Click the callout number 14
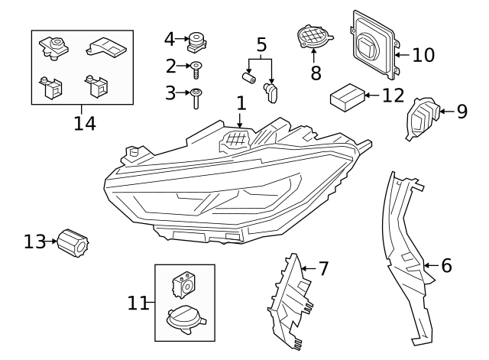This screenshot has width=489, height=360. click(84, 123)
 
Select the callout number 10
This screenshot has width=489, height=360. click(423, 55)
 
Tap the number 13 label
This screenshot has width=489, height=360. click(34, 242)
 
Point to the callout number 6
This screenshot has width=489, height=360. click(447, 265)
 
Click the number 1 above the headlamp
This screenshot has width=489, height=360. click(241, 102)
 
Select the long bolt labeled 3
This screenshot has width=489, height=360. click(196, 96)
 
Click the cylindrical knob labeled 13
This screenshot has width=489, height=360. click(74, 243)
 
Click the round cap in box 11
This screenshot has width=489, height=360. click(184, 317)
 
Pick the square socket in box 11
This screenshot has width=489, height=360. click(184, 284)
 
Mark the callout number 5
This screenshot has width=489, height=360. click(262, 44)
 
